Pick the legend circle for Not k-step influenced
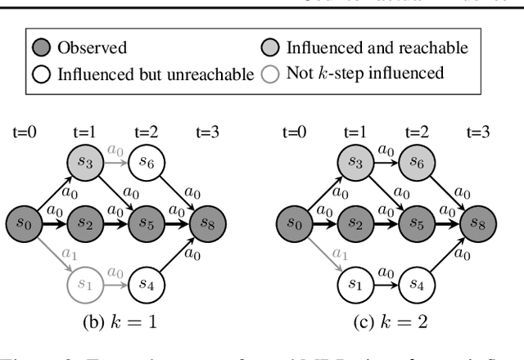(x=272, y=74)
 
